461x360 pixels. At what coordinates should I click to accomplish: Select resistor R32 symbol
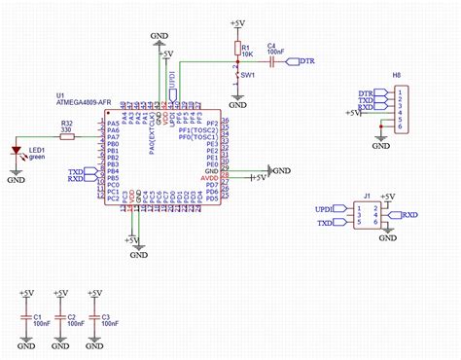point(67,137)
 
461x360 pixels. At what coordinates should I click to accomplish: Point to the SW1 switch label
point(249,74)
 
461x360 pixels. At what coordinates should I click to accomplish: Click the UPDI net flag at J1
point(324,208)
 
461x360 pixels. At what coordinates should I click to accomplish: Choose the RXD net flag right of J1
point(409,215)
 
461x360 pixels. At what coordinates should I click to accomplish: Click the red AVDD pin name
point(209,178)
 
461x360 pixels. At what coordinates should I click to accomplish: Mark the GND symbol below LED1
point(17,177)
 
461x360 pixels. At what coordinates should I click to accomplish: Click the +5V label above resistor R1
point(237,21)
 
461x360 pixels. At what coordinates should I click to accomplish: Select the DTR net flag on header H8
point(366,92)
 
